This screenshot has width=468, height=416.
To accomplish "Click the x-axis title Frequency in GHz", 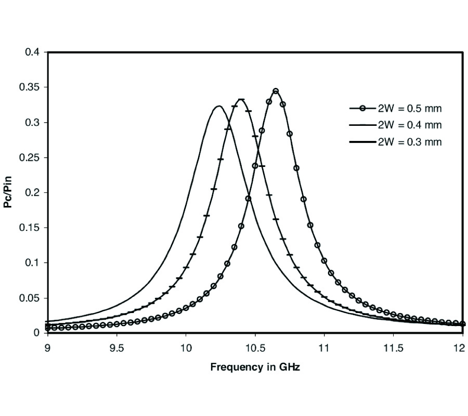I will (255, 367).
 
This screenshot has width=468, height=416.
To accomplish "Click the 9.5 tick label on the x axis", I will (116, 347).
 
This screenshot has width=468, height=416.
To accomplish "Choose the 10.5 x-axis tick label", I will (255, 347).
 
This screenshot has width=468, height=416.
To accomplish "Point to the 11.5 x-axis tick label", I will (393, 347).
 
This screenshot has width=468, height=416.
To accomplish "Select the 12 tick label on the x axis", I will (462, 347).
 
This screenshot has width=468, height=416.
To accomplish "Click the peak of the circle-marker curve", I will (276, 91).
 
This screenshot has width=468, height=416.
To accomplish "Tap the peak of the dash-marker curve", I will (241, 99).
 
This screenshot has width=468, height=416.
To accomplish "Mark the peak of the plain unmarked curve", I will (219, 106).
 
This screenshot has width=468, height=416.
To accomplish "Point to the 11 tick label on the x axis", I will (324, 347).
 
